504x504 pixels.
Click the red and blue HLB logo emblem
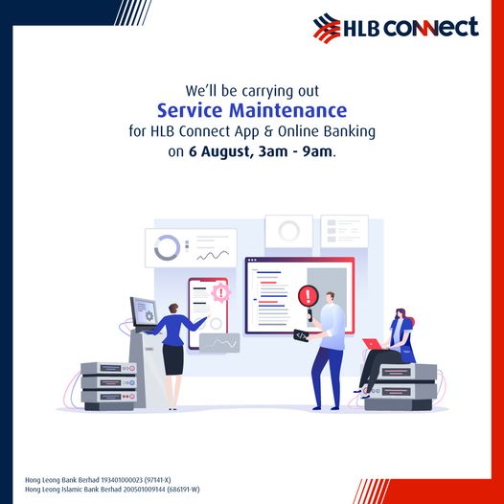[327, 28]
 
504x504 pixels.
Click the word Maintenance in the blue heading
[287, 110]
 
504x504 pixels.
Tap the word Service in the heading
[190, 110]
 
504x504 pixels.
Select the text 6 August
[219, 151]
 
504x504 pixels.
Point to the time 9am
[317, 151]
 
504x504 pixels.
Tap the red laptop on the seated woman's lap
[372, 344]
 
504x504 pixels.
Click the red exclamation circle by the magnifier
[308, 296]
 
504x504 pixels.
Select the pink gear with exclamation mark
[220, 292]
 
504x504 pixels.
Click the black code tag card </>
[301, 336]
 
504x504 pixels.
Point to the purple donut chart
[167, 247]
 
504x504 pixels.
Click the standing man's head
[330, 297]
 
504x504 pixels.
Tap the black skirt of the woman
[172, 359]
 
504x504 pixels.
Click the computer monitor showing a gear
[144, 311]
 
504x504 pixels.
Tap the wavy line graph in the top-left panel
[213, 255]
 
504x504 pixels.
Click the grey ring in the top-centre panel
[289, 231]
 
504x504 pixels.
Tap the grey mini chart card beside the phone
[219, 343]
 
